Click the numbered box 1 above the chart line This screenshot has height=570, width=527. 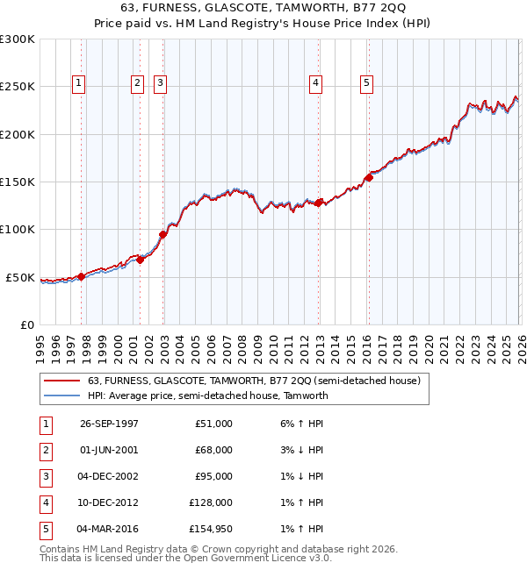79,83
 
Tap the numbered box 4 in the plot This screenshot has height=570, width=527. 315,83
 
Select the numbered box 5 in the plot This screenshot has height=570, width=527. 365,83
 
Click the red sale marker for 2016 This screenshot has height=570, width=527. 369,178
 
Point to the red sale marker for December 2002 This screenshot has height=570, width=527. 163,234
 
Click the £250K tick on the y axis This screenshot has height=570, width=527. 18,87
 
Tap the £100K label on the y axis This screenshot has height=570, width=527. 18,230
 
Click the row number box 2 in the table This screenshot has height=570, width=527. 45,450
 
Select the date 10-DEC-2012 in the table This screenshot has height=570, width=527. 108,502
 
